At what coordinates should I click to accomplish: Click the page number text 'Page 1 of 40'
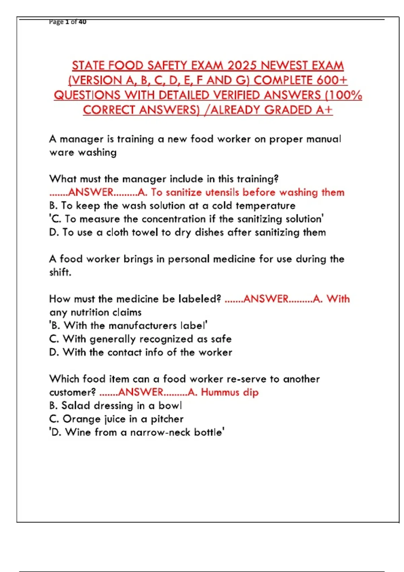[x=68, y=22]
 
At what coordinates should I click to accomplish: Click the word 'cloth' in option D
[x=117, y=233]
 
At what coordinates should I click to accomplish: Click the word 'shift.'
[x=60, y=272]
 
